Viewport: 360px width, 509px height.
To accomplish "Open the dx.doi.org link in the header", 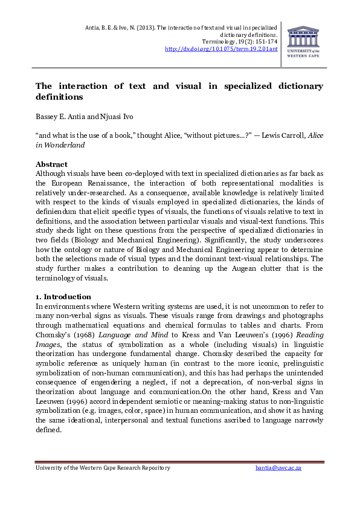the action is coord(221,49).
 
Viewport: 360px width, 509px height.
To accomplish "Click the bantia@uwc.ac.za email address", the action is coord(278,468).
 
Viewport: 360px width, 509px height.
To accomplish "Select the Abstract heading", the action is coord(51,164).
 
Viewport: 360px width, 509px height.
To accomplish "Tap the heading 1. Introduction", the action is coord(63,297).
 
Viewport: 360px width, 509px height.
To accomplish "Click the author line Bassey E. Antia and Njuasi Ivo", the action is coord(82,116).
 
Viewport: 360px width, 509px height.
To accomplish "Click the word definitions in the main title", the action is coord(59,97).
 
